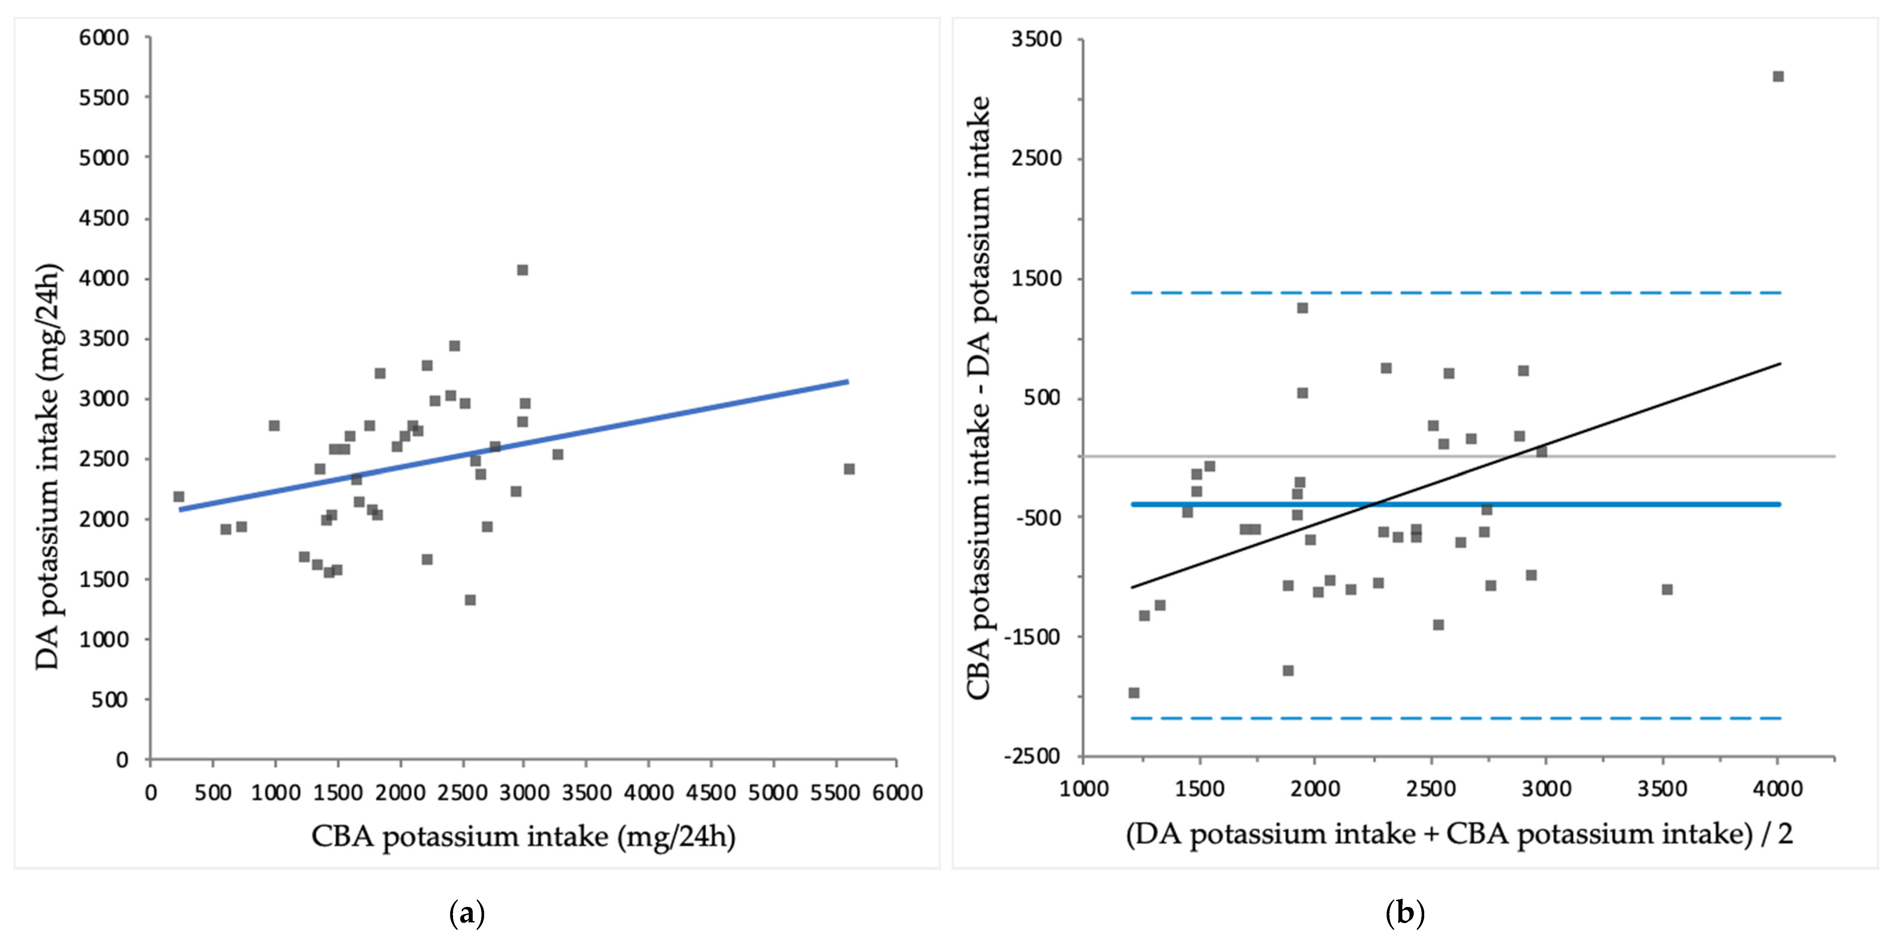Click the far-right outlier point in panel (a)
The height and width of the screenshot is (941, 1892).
click(x=849, y=469)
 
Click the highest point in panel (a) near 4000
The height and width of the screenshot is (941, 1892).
click(x=522, y=270)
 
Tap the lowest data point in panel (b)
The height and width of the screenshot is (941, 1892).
click(x=1134, y=693)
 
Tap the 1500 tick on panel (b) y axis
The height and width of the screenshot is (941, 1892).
click(x=1036, y=278)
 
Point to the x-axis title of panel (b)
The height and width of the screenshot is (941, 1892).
click(x=1459, y=834)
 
